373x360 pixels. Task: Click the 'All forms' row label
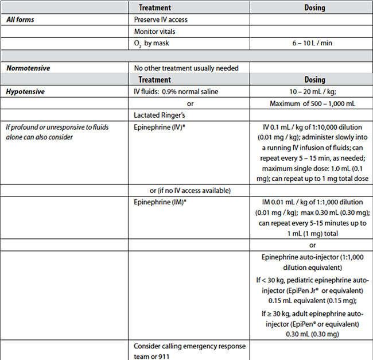tap(20, 20)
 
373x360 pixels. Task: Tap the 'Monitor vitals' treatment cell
tap(156, 31)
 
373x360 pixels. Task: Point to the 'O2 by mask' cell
tap(152, 43)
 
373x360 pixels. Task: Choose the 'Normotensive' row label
tap(28, 68)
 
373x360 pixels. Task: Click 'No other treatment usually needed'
tap(186, 68)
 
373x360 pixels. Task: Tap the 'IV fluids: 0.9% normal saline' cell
tap(176, 92)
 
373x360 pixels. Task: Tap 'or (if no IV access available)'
tap(190, 191)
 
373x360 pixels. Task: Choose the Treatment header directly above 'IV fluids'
tap(155, 80)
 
